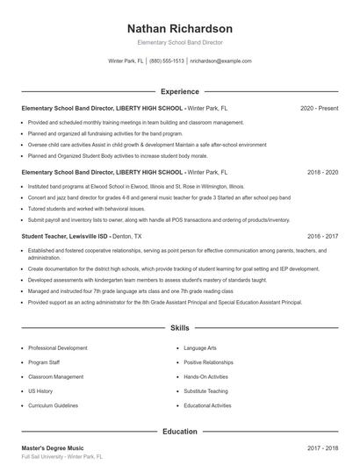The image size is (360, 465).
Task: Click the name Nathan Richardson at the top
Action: pyautogui.click(x=180, y=28)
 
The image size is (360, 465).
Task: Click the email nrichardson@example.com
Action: pyautogui.click(x=220, y=61)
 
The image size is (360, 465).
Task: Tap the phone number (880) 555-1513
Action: pyautogui.click(x=167, y=61)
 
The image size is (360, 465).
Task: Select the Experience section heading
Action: pyautogui.click(x=180, y=90)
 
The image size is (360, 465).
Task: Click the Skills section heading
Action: pyautogui.click(x=180, y=328)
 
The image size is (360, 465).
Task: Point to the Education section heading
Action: pyautogui.click(x=180, y=432)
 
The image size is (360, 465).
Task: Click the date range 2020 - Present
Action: pyautogui.click(x=319, y=108)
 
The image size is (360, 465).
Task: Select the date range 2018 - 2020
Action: pyautogui.click(x=322, y=173)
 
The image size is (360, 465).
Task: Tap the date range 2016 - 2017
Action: pyautogui.click(x=322, y=237)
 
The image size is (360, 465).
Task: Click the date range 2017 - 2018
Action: pyautogui.click(x=322, y=448)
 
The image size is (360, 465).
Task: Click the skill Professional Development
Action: pyautogui.click(x=58, y=348)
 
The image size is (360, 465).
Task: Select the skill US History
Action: pyautogui.click(x=40, y=391)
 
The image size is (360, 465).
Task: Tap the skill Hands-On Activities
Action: pyautogui.click(x=208, y=376)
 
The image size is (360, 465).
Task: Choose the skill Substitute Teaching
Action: pyautogui.click(x=205, y=391)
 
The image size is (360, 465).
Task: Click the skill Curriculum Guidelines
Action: pyautogui.click(x=54, y=405)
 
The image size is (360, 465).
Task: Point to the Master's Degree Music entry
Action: pyautogui.click(x=53, y=448)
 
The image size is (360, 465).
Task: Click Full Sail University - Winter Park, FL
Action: pyautogui.click(x=62, y=458)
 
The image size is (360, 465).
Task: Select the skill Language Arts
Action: pyautogui.click(x=201, y=348)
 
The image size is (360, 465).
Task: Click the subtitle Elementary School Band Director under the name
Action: pyautogui.click(x=180, y=42)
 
